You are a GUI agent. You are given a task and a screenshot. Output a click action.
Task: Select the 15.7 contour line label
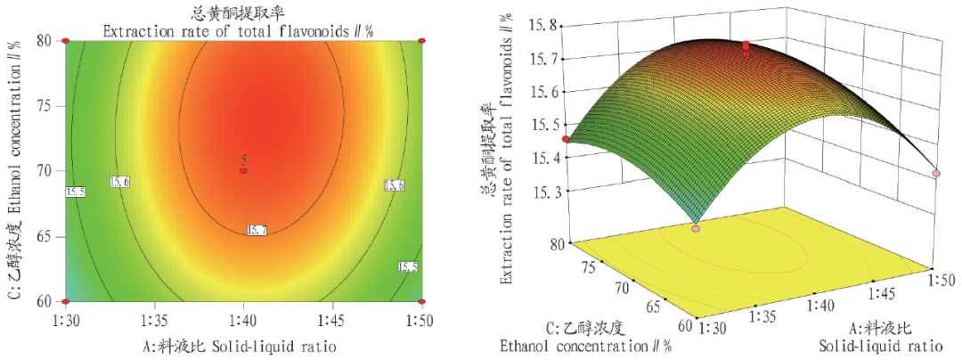(257, 231)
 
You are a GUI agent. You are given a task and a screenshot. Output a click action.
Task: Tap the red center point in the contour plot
(243, 170)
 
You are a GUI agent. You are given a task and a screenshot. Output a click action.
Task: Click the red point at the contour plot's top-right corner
(421, 41)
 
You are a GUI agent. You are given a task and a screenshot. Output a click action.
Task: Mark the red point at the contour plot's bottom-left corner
(66, 301)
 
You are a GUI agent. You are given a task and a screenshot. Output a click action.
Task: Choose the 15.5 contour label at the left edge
(75, 192)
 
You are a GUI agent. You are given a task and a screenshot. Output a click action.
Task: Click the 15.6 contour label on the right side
(395, 185)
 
